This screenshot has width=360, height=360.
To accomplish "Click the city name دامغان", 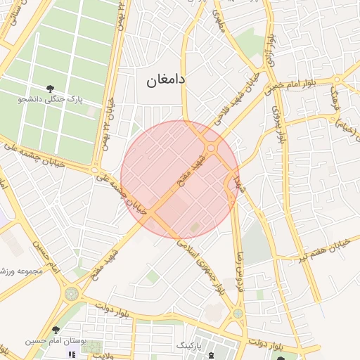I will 166,80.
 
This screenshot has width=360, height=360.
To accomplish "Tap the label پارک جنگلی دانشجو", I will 51,100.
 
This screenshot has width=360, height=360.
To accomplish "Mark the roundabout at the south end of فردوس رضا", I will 239,313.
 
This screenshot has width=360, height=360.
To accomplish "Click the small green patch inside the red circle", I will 195,227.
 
